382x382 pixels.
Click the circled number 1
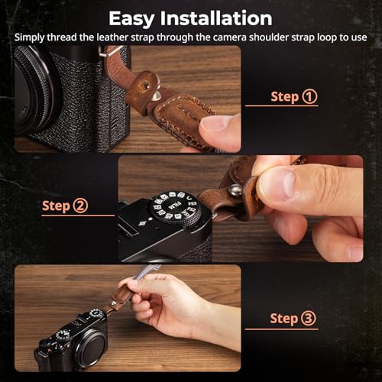(x=309, y=97)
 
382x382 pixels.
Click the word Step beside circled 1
(x=284, y=97)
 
